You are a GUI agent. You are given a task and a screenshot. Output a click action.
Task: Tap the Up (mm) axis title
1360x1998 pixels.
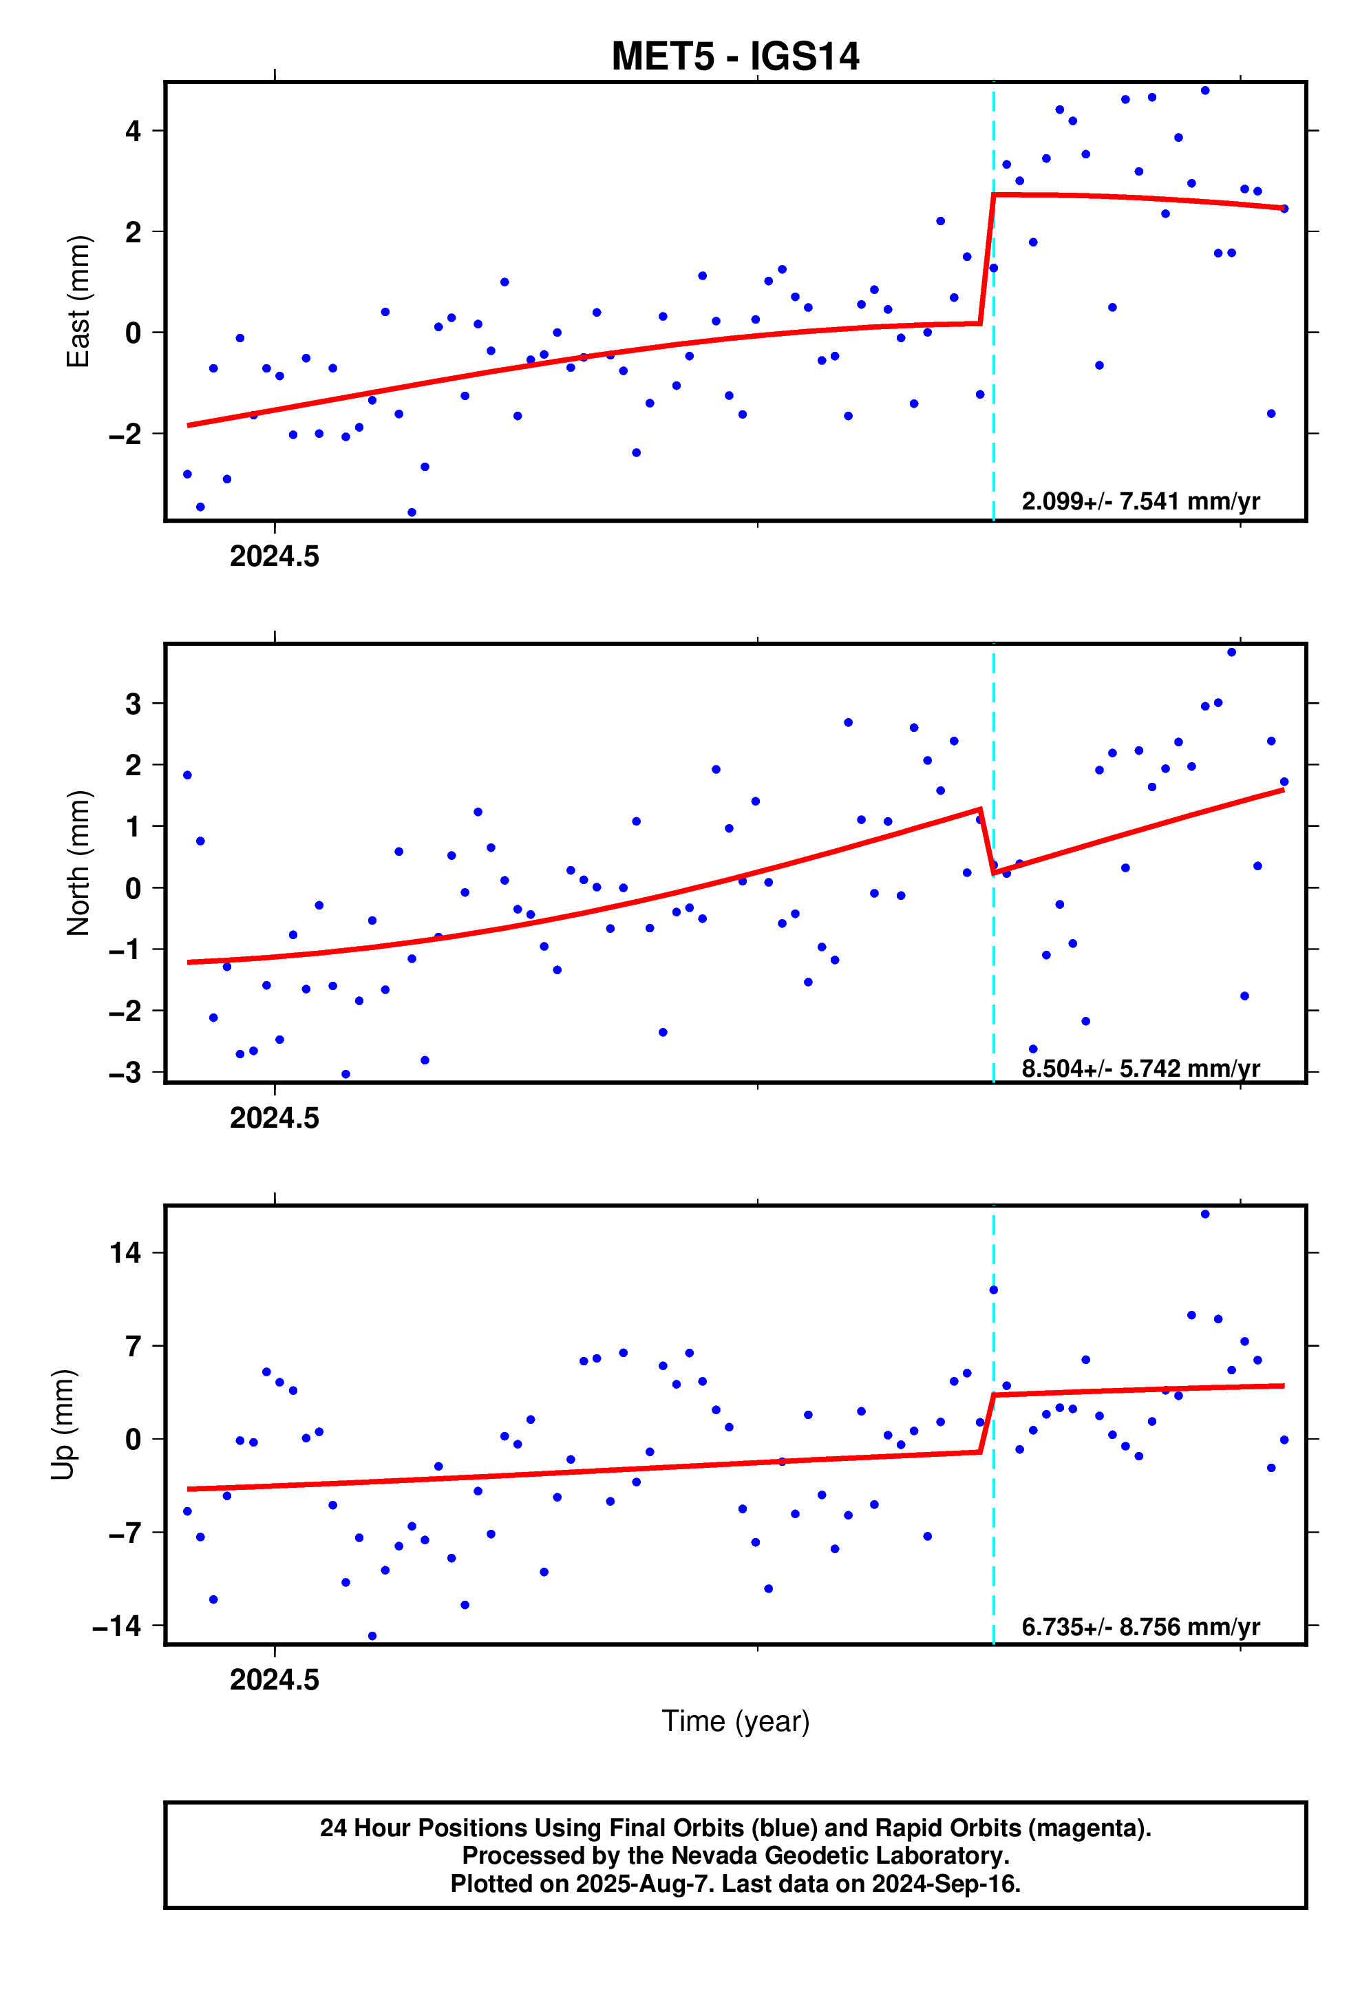[x=62, y=1424]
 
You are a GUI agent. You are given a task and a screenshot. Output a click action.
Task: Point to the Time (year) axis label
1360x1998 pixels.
[x=735, y=1721]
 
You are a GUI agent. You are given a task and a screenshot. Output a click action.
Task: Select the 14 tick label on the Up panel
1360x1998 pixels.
[x=125, y=1252]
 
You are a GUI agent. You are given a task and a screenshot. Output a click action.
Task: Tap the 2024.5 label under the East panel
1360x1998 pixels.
[x=274, y=556]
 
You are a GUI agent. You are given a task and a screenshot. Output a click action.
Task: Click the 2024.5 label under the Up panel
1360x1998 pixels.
[x=274, y=1679]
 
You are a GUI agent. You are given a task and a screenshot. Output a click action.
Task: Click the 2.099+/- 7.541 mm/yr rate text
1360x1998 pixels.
[x=1140, y=501]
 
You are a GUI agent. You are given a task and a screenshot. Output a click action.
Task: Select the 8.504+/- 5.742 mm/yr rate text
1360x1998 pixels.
[x=1140, y=1068]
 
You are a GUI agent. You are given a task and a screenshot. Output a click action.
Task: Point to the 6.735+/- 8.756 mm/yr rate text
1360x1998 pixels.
[x=1140, y=1627]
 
